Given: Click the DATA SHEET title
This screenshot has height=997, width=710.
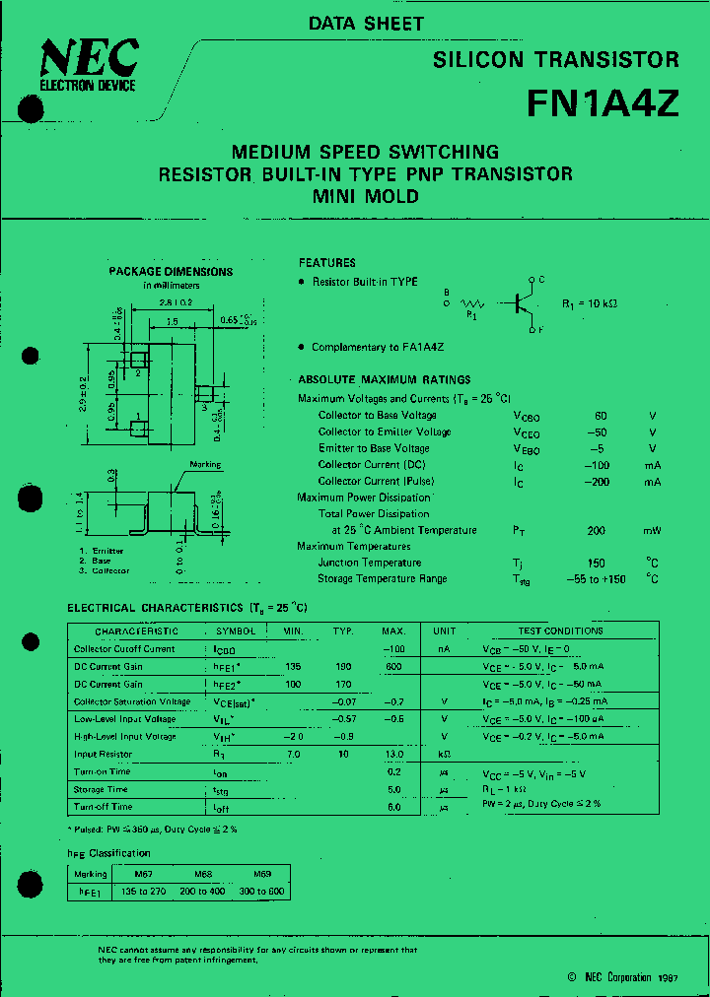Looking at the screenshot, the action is [x=366, y=24].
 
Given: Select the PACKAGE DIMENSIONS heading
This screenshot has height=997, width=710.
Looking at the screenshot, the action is [x=171, y=272].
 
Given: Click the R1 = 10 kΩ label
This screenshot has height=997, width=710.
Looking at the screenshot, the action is [x=590, y=303].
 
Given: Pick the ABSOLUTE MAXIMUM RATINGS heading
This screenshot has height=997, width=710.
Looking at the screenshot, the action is [x=385, y=379].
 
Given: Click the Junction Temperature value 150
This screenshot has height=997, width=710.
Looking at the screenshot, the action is [x=596, y=563].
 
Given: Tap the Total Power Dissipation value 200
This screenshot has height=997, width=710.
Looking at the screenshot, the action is [x=596, y=530].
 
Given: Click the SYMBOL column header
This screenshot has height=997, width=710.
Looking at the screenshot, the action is [x=235, y=631].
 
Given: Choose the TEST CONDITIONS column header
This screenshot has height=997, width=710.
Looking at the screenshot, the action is [x=560, y=631].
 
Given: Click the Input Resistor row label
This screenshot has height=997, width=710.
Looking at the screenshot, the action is [x=103, y=755].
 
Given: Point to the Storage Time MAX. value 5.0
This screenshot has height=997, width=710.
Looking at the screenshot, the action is [x=393, y=790].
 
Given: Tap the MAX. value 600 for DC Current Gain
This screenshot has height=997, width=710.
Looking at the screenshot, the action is [x=393, y=667].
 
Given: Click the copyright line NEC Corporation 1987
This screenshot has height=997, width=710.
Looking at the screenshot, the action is [x=616, y=977].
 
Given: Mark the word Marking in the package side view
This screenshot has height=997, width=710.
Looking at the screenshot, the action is [x=205, y=465].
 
